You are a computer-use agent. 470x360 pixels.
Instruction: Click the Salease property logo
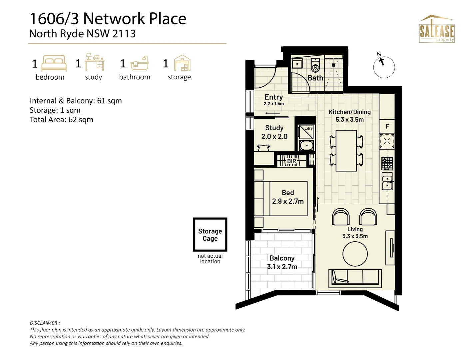437,29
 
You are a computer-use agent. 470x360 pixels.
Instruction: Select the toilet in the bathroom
315,65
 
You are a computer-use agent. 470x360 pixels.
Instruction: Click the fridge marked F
387,126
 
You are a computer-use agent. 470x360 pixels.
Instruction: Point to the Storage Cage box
210,234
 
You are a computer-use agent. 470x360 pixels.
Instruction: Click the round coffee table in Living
355,254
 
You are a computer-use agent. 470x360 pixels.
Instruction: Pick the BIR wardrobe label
291,161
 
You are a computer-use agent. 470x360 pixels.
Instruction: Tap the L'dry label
308,128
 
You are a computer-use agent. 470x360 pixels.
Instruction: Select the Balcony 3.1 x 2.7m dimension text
282,267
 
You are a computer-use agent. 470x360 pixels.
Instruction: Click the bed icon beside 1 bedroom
54,63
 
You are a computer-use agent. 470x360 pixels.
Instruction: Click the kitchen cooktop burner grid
387,163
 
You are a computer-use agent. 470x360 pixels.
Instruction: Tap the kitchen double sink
387,181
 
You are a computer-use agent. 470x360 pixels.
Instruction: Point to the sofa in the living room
355,278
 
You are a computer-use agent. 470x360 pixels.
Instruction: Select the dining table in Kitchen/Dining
346,151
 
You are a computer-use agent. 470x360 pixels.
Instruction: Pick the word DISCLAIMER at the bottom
45,323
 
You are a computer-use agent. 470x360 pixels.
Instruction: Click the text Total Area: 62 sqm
61,120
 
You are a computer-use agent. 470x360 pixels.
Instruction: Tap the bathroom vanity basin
297,63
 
